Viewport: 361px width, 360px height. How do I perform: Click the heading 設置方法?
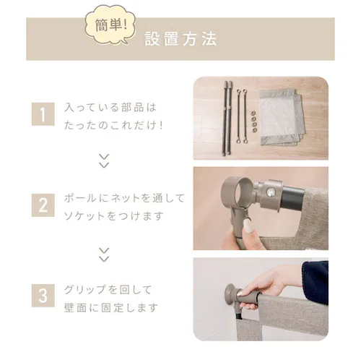point(180,38)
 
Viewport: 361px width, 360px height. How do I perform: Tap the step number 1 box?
point(43,114)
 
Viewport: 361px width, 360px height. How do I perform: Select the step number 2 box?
point(43,205)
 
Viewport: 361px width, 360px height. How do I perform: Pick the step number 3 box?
point(43,296)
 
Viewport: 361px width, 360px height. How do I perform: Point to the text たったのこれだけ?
point(114,124)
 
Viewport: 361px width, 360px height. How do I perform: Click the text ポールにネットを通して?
point(125,197)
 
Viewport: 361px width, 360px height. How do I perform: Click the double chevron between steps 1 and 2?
point(104,159)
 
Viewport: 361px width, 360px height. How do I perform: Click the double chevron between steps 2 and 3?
point(104,253)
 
